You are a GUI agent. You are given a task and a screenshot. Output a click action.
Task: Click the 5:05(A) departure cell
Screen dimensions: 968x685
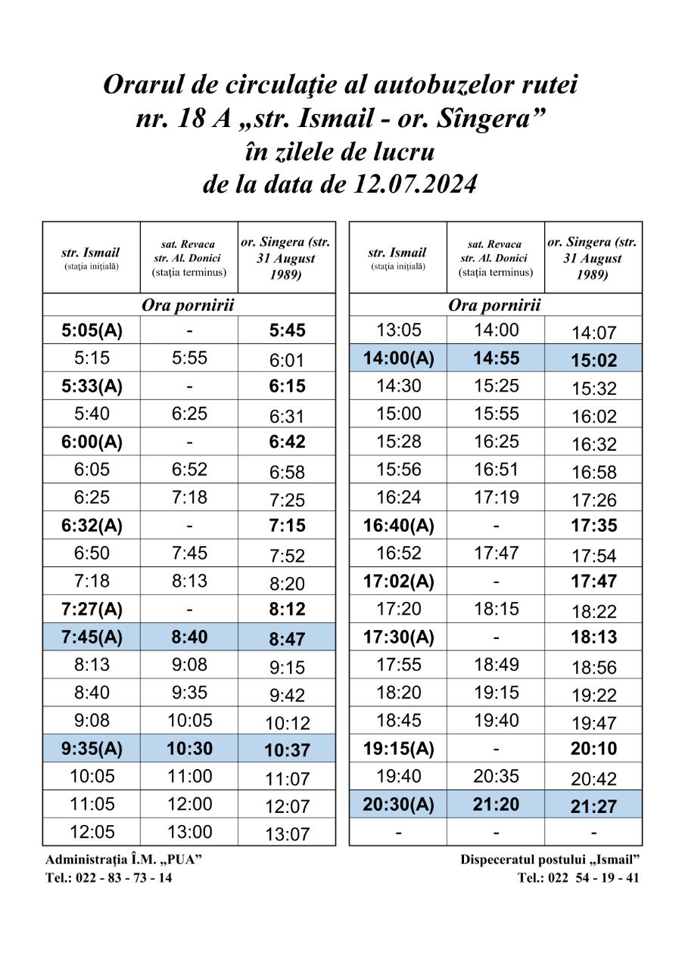pos(92,330)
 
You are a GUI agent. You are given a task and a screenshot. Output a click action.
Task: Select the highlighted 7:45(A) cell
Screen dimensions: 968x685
pos(92,638)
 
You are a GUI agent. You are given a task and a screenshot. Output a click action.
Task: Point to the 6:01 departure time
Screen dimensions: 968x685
pos(287,361)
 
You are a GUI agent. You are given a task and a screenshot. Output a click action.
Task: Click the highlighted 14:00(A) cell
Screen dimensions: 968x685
pos(398,358)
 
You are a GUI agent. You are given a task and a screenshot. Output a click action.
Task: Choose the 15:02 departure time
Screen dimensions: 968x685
pos(594,361)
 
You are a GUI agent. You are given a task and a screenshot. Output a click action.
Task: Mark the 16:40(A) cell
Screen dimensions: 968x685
pos(398,526)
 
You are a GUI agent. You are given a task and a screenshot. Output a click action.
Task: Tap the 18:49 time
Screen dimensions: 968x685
pos(496,665)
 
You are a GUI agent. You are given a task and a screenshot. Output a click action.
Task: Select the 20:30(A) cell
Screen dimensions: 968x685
pos(398,805)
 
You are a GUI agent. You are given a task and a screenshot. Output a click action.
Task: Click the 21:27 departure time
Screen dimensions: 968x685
pos(594,807)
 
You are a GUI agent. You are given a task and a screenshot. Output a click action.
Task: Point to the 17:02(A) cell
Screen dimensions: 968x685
pos(398,582)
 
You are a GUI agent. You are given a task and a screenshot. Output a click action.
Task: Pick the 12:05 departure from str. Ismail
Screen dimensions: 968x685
pos(92,832)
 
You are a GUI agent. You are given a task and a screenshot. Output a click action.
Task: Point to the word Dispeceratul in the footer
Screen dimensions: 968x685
pos(500,860)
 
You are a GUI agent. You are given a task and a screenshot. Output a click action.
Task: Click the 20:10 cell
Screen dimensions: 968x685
pos(594,749)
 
